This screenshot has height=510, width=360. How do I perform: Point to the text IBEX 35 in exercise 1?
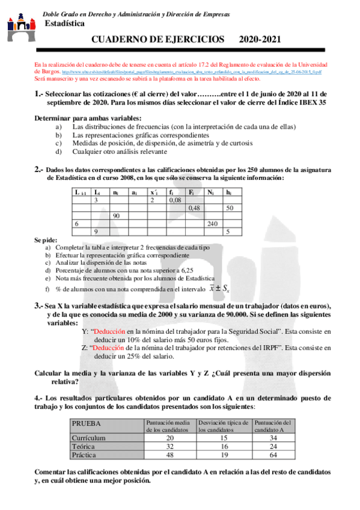(x=313, y=103)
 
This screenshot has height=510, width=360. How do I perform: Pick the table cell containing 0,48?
(x=195, y=207)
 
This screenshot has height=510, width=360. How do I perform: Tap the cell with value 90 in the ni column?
(x=117, y=215)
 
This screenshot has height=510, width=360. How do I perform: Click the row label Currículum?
(x=89, y=438)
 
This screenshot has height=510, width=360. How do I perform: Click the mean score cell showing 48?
(x=169, y=455)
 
